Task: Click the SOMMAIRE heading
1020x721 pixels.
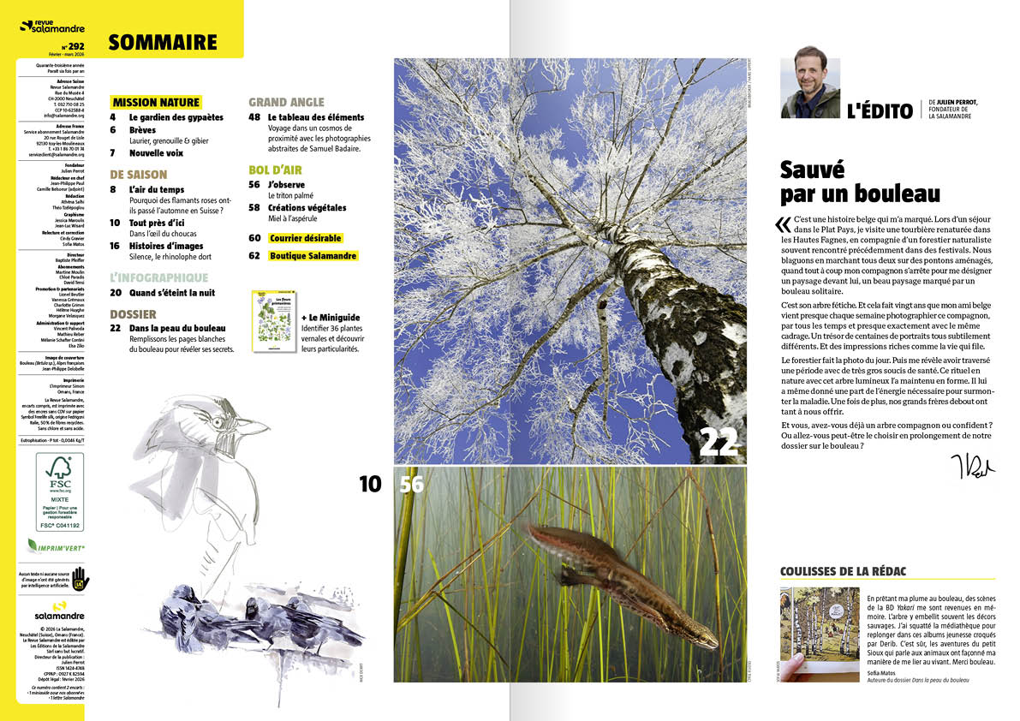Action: pos(163,42)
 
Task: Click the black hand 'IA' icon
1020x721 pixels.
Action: pos(80,578)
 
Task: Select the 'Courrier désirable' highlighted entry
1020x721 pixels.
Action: pos(305,238)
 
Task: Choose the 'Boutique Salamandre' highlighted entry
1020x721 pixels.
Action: pos(313,256)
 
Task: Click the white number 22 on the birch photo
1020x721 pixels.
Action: pos(718,442)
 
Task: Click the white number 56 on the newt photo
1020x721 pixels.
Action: pos(411,484)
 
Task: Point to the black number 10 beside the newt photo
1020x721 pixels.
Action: pos(370,484)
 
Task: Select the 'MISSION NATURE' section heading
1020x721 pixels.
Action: pos(156,102)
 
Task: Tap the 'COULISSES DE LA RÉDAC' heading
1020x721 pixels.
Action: pos(843,571)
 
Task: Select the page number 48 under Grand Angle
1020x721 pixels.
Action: pos(254,116)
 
